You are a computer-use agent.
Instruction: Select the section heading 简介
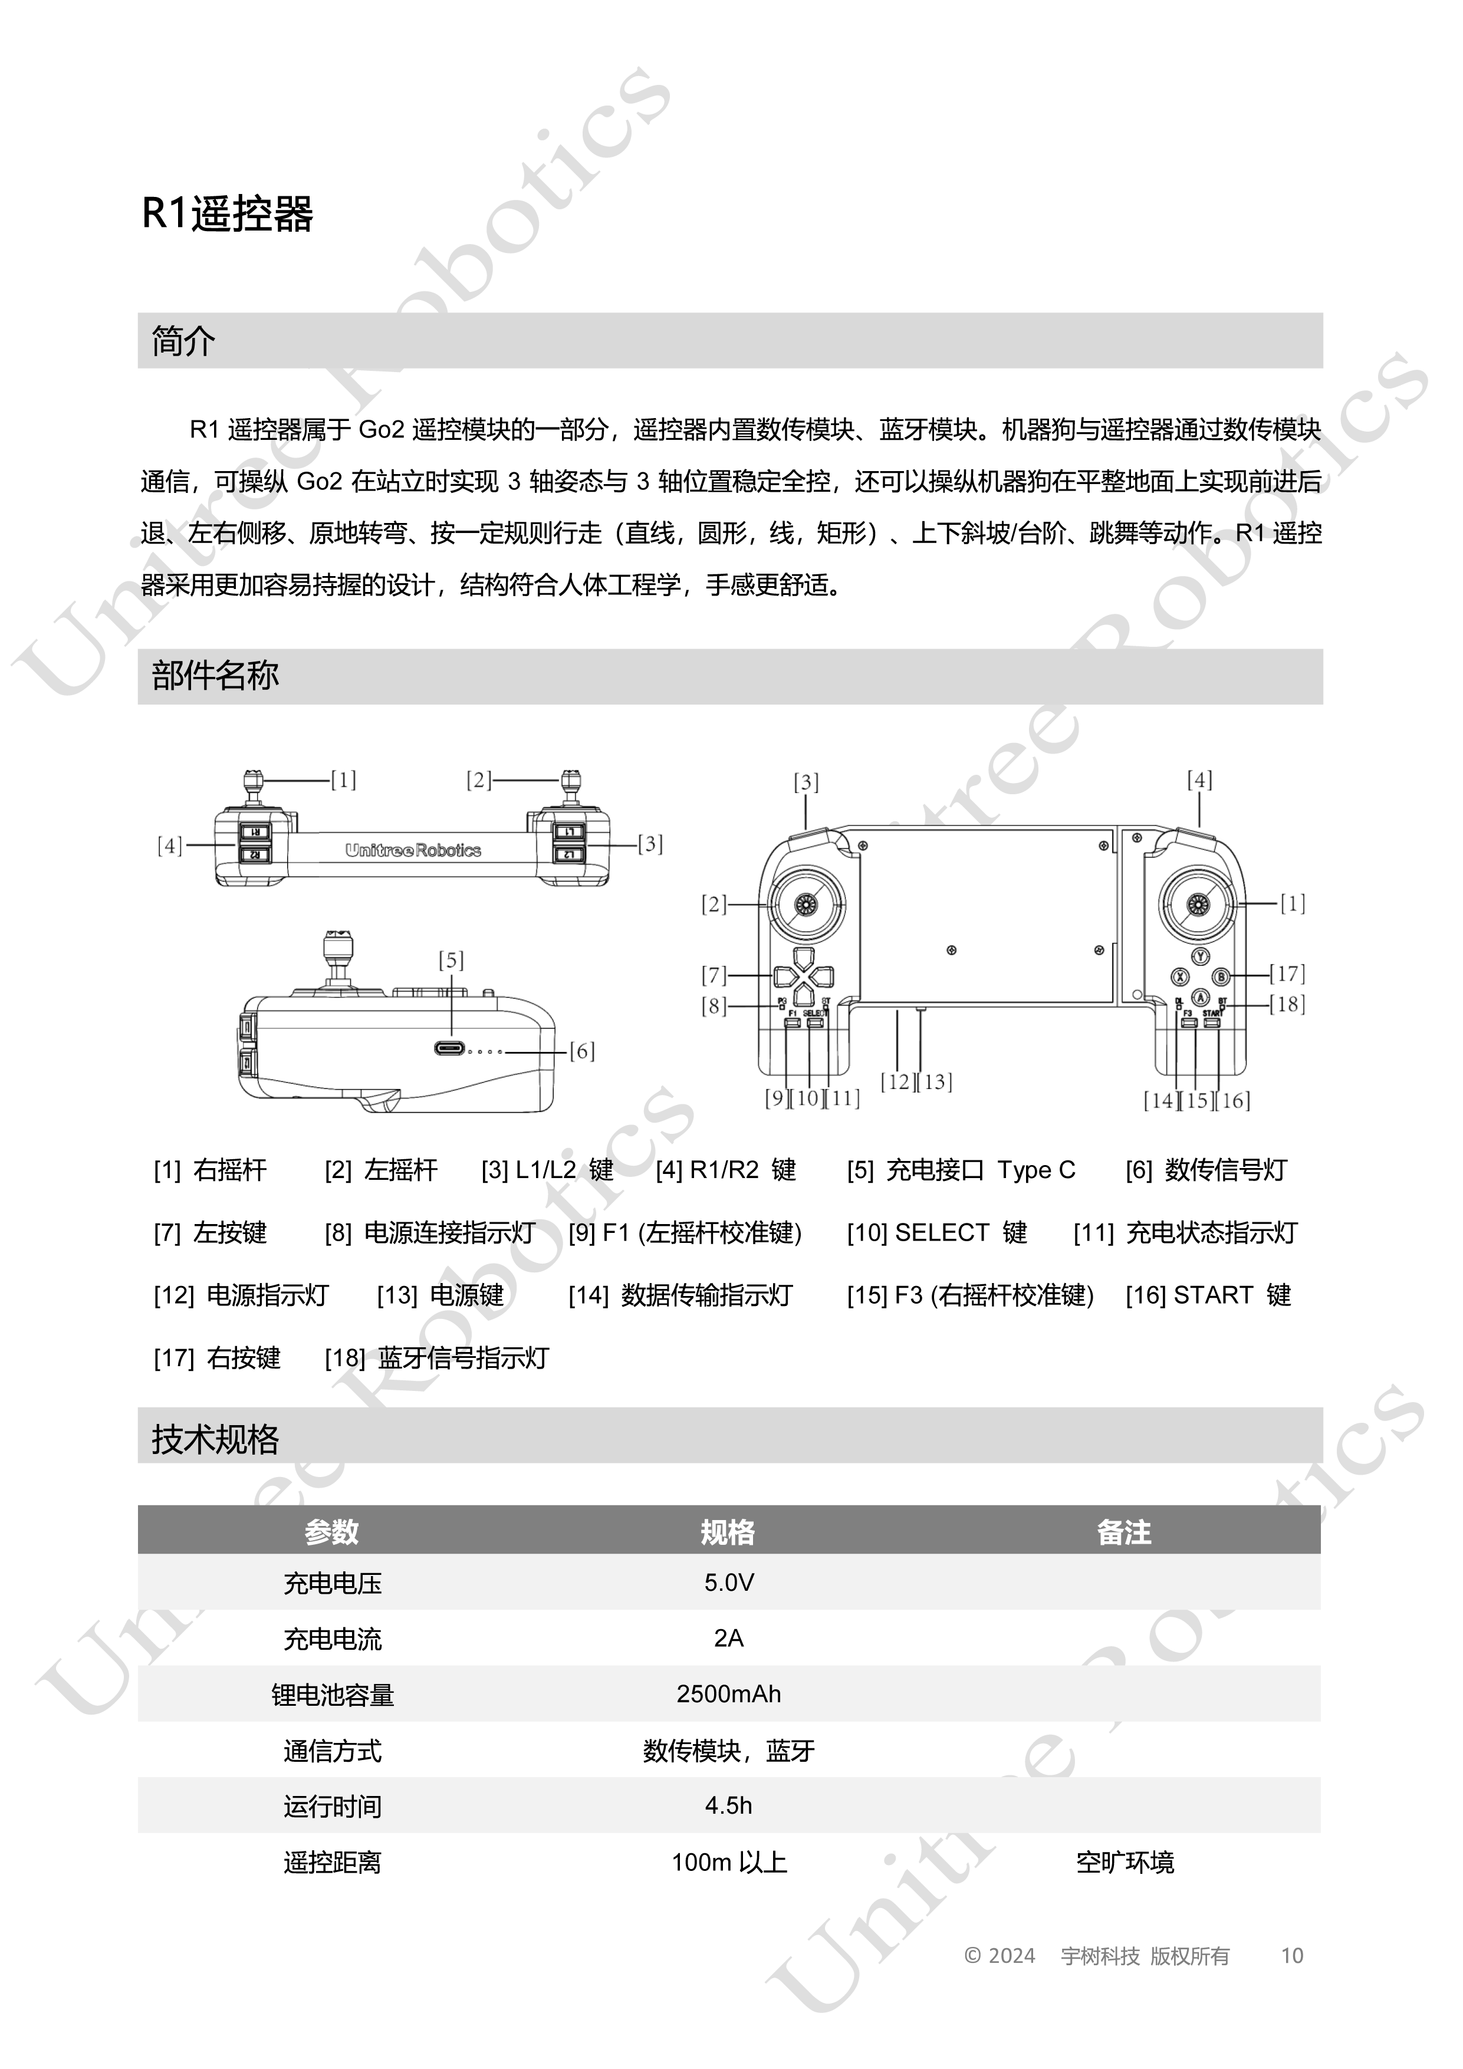[x=183, y=341]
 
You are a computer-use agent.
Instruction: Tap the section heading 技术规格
[x=215, y=1439]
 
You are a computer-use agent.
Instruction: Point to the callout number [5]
[x=451, y=961]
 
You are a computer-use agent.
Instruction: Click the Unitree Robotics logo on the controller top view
[x=413, y=850]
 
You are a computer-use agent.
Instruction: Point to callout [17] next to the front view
[x=1287, y=973]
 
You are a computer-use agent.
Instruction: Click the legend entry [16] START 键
[x=1208, y=1295]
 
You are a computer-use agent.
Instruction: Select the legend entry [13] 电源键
[x=440, y=1295]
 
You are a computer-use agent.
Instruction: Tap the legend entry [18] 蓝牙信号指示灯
[x=437, y=1358]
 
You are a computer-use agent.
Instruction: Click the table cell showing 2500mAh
[x=728, y=1694]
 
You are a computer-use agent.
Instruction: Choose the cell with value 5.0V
[x=728, y=1583]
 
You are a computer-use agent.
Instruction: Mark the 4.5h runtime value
[x=728, y=1806]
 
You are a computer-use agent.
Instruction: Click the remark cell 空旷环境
[x=1125, y=1861]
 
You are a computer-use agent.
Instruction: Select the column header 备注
[x=1124, y=1532]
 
